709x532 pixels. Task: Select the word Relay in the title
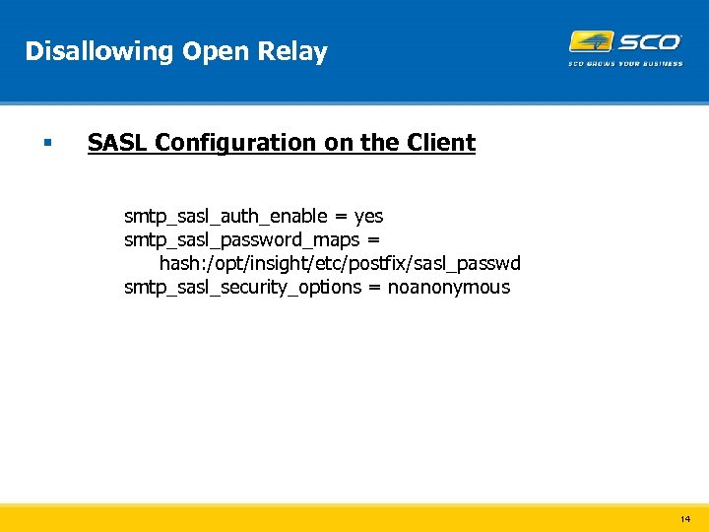[295, 51]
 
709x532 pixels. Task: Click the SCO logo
[625, 42]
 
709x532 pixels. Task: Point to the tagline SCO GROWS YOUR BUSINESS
[625, 64]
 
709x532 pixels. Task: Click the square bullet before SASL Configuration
[46, 144]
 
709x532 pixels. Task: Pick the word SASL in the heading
[117, 143]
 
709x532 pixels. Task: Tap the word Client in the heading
[440, 143]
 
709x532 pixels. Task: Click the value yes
[369, 216]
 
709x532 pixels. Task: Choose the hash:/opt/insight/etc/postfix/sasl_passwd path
[340, 263]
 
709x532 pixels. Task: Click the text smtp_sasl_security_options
[242, 287]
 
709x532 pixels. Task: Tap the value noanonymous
[449, 287]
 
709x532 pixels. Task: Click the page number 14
[685, 518]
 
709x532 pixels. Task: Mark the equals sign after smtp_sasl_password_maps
[373, 239]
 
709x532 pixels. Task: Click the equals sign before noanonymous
[374, 287]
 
